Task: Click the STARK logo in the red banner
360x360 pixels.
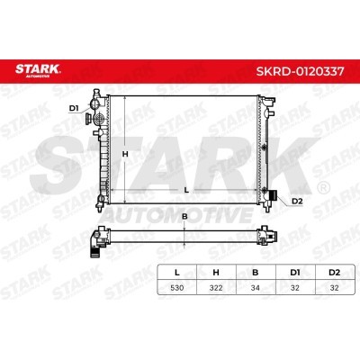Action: pyautogui.click(x=38, y=70)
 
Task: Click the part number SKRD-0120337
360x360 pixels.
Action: pyautogui.click(x=300, y=71)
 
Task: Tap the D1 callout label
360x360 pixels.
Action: pyautogui.click(x=74, y=108)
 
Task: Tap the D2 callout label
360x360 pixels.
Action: pyautogui.click(x=297, y=202)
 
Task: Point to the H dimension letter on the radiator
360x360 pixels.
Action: pyautogui.click(x=125, y=154)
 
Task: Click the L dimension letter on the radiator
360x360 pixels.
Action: pyautogui.click(x=186, y=190)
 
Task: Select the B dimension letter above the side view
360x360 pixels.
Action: pyautogui.click(x=184, y=216)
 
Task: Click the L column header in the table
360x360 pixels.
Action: pyautogui.click(x=177, y=273)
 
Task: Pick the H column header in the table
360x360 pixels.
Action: pyautogui.click(x=216, y=273)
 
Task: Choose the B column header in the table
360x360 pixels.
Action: pyautogui.click(x=256, y=273)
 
